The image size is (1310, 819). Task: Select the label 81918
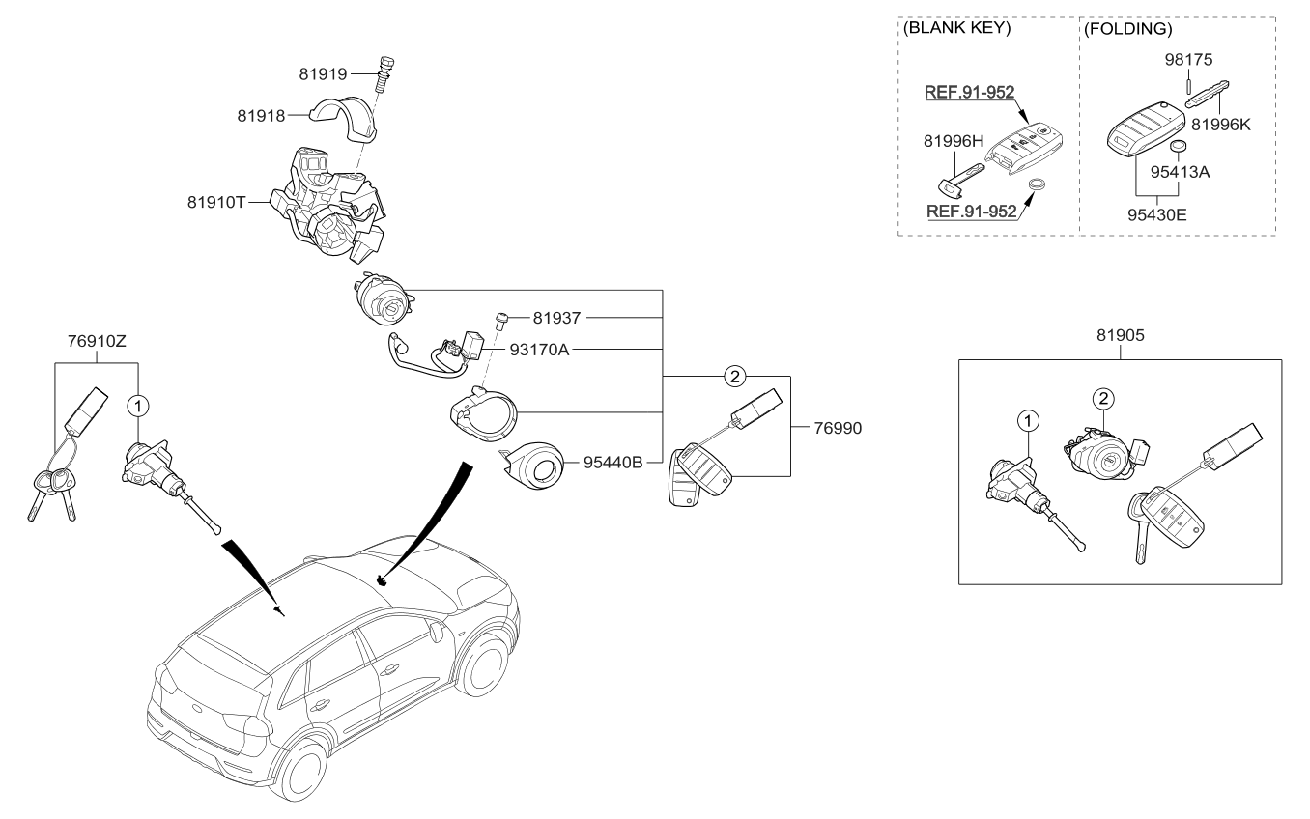coord(261,116)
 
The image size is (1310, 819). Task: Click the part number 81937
coord(558,318)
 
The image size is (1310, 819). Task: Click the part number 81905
coord(1120,336)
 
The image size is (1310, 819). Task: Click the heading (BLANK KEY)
coord(956,29)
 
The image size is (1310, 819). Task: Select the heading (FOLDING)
coord(1127,29)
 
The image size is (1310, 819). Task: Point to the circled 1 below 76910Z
coord(138,405)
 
